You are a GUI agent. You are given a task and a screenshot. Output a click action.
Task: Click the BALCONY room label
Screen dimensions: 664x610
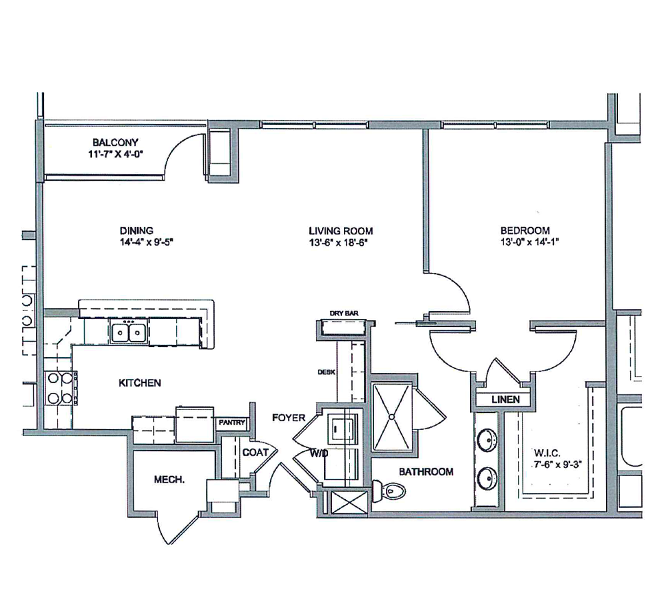point(115,142)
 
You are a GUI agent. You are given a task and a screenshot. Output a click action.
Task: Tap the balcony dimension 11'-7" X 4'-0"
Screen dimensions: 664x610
point(115,154)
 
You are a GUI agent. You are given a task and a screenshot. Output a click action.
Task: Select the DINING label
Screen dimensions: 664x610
point(136,231)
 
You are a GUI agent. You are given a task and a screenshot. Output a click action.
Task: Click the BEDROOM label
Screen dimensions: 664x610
point(525,230)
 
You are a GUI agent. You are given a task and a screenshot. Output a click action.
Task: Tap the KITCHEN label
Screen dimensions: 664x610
point(140,383)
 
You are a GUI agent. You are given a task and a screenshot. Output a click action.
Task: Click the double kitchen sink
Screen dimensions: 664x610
point(128,331)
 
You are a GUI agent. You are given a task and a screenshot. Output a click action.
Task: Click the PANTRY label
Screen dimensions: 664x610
point(232,422)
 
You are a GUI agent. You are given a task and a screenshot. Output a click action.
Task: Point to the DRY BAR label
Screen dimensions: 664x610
point(344,313)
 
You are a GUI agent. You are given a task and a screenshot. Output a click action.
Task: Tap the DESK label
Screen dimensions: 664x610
point(326,372)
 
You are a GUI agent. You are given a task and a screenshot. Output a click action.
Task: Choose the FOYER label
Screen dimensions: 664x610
point(288,417)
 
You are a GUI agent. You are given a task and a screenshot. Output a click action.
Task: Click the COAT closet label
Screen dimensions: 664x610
point(255,452)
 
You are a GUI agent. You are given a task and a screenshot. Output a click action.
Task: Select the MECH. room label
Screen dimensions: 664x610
point(169,480)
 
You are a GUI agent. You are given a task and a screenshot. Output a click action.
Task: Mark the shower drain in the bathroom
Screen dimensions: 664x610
point(392,416)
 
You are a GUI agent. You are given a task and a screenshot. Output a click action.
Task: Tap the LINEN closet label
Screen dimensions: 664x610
point(505,399)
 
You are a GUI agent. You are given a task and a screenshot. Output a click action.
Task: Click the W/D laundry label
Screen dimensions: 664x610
point(319,453)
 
